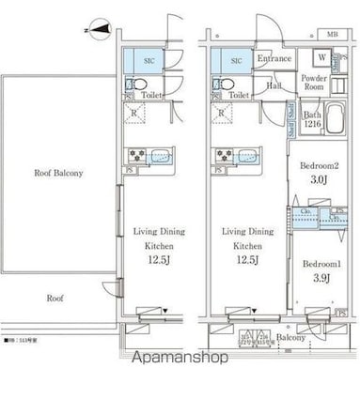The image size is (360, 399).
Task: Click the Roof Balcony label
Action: pyautogui.click(x=58, y=173)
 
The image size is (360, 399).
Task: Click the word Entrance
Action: pyautogui.click(x=274, y=59)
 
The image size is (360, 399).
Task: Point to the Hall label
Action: pyautogui.click(x=273, y=85)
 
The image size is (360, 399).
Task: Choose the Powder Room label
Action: pyautogui.click(x=313, y=83)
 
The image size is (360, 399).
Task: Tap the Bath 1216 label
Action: pyautogui.click(x=312, y=118)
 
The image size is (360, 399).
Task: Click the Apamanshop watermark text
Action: pyautogui.click(x=180, y=358)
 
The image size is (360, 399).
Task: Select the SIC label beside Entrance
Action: pyautogui.click(x=237, y=60)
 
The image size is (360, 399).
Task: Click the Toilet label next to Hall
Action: pyautogui.click(x=239, y=96)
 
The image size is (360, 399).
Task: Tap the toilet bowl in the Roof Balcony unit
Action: pyautogui.click(x=132, y=84)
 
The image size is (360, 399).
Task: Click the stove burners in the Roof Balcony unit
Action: pyautogui.click(x=133, y=156)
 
